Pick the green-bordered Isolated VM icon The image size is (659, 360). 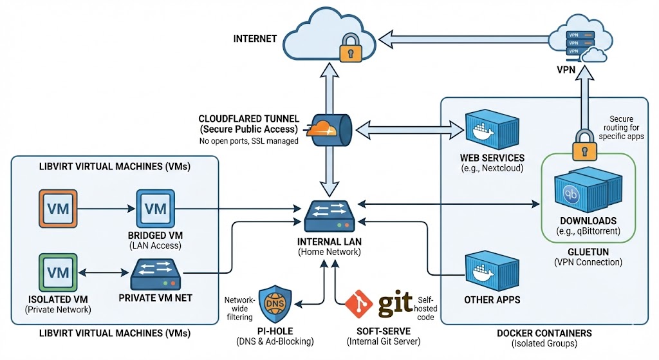(58, 272)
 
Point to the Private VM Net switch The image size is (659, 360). (156, 274)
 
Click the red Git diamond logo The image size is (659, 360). (358, 303)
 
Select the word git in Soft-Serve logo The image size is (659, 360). (394, 303)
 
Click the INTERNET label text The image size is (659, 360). (255, 39)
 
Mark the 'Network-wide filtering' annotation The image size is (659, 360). (240, 308)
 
